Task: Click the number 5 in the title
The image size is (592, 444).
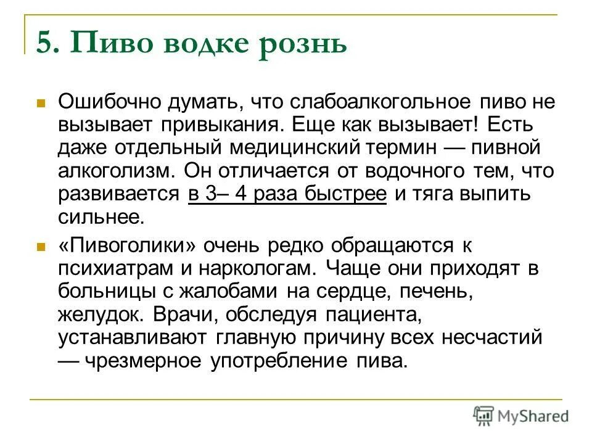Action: coord(44,44)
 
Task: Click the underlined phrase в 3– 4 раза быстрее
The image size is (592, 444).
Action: coord(287,194)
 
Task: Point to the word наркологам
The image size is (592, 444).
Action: coord(253,269)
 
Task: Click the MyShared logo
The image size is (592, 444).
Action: coord(520,416)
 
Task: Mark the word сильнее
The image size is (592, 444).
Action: coord(101,217)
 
